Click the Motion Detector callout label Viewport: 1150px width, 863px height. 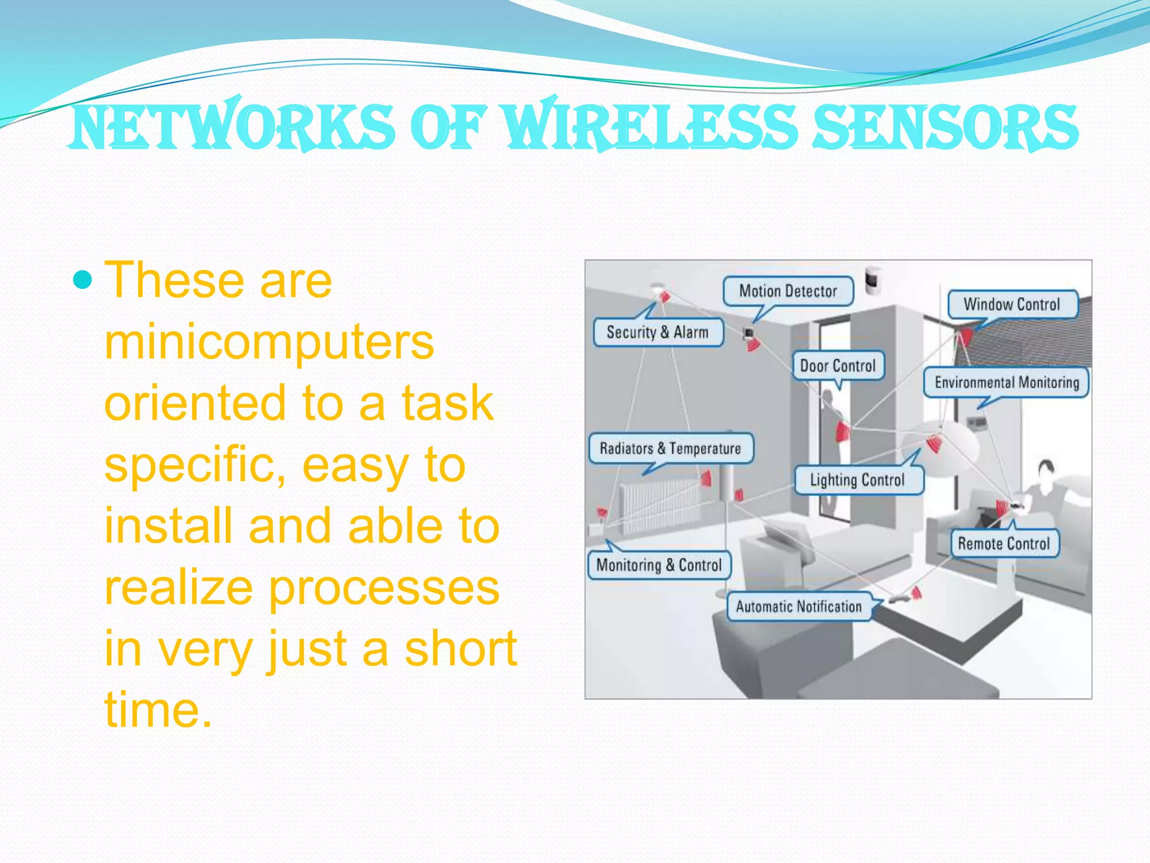coord(788,291)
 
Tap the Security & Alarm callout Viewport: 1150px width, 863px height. coord(658,332)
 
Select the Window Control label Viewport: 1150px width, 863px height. coord(1012,304)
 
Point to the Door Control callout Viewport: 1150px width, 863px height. coord(838,366)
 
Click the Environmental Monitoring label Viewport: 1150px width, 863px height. coord(1006,383)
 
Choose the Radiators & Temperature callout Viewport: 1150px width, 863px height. coord(670,448)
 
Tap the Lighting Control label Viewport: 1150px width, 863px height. coord(857,480)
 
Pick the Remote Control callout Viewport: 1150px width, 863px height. coord(1004,543)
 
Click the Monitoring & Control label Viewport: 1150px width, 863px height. coord(659,565)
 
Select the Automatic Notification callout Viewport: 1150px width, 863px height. coord(798,606)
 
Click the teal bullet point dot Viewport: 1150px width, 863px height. coord(83,279)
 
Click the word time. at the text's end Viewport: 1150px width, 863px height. coord(158,710)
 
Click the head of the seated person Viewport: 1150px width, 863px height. coord(1045,469)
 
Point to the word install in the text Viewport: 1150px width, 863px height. coord(168,526)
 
